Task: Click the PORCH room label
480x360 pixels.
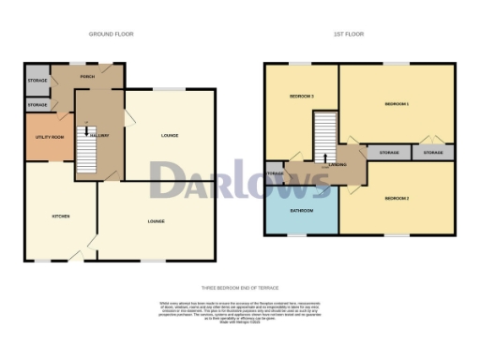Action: (87, 78)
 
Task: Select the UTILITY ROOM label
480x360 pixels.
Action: (48, 137)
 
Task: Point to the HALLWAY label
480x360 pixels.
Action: (99, 136)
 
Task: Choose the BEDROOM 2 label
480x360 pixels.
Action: (397, 198)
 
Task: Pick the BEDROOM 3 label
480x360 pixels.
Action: (301, 97)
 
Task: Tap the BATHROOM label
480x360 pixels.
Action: (301, 211)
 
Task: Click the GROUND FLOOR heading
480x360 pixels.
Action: (111, 34)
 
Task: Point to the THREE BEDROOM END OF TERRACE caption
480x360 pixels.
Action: (240, 288)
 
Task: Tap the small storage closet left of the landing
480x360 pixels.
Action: (275, 174)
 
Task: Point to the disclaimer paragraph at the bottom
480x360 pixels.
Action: (240, 312)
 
